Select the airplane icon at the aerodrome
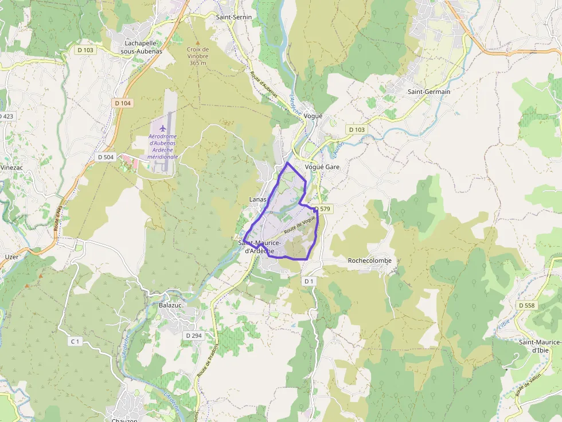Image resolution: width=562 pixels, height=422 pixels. pos(163,127)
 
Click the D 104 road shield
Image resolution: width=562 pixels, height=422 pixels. pos(123,103)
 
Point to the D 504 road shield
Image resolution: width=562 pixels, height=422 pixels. pos(106,157)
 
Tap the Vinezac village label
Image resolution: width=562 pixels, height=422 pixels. pos(11,167)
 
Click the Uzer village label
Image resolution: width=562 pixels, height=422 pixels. pos(11,257)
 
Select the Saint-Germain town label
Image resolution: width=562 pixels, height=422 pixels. pos(428,92)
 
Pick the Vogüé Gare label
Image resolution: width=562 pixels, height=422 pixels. pos(322,167)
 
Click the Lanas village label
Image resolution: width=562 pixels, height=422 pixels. pos(258,199)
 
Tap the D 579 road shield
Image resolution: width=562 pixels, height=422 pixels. pos(323,209)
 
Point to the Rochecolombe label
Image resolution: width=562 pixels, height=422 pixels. pos(370,261)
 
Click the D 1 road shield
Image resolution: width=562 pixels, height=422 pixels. pos(309,281)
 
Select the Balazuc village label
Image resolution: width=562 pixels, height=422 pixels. pos(170,306)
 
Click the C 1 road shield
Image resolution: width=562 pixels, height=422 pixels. pos(75,341)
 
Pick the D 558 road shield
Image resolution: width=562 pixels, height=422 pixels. pos(526,306)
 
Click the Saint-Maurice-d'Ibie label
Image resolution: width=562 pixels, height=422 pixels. pos(540,346)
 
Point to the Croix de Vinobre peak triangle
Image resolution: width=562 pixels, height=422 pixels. pos(198,42)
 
